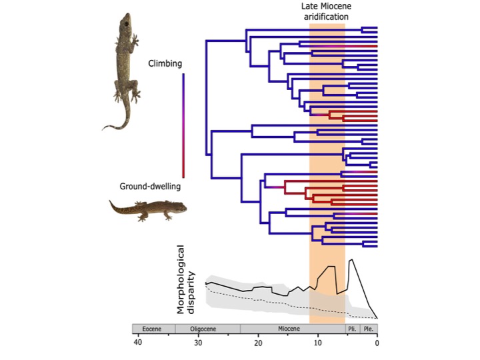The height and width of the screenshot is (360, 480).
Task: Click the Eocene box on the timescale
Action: [153, 329]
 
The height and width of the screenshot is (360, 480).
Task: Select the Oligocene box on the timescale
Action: [207, 329]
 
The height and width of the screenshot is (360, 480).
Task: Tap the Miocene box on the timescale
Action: [292, 329]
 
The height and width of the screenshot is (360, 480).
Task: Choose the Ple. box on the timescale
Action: [369, 329]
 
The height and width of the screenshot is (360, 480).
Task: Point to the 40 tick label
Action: [137, 343]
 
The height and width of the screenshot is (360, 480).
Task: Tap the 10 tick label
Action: [317, 343]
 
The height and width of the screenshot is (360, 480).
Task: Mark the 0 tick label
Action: [377, 343]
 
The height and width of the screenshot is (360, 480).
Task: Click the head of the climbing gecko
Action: [127, 23]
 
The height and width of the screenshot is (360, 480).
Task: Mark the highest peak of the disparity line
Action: [351, 259]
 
